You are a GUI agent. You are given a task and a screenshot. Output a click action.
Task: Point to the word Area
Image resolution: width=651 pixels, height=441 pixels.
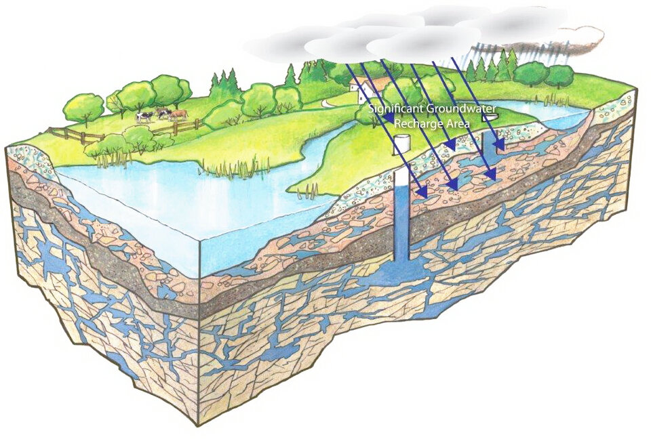pyautogui.click(x=456, y=123)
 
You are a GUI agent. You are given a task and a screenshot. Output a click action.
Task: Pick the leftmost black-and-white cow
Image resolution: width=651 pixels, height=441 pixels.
pyautogui.click(x=144, y=117)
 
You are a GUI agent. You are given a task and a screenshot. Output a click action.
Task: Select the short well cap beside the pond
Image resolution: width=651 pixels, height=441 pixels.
pyautogui.click(x=487, y=119)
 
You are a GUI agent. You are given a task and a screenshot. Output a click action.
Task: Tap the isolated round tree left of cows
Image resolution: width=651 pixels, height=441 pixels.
pyautogui.click(x=83, y=108)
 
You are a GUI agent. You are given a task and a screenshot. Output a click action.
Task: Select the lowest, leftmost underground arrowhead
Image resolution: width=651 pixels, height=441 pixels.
pyautogui.click(x=422, y=192)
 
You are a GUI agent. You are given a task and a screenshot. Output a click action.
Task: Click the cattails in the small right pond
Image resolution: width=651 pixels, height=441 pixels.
pyautogui.click(x=545, y=100)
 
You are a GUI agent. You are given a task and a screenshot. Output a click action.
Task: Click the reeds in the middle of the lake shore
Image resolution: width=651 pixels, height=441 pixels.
pyautogui.click(x=233, y=166)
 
